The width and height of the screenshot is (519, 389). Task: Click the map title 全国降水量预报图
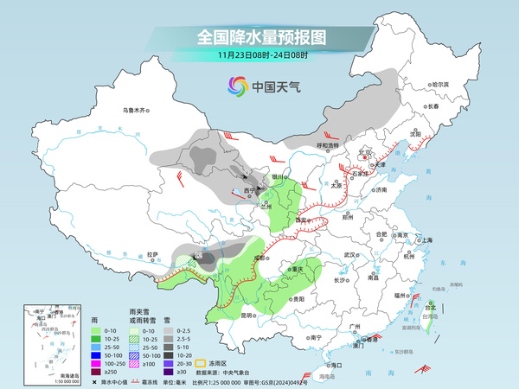click(259, 37)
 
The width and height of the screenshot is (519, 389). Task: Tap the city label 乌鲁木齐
click(137, 110)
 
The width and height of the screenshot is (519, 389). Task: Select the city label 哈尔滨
click(440, 84)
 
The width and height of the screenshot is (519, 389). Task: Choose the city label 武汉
click(349, 255)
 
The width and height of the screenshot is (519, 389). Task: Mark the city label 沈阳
click(416, 135)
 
